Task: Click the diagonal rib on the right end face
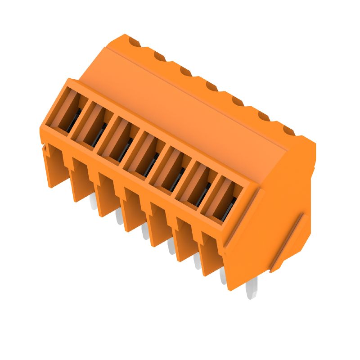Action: pos(288,243)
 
